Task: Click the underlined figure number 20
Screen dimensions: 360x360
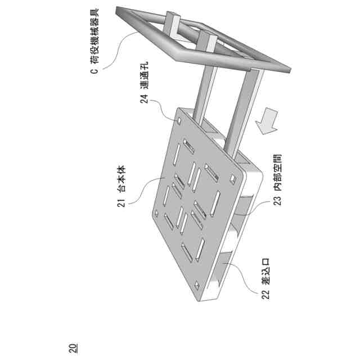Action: tap(73, 348)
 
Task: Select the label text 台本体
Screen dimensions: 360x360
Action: tap(120, 179)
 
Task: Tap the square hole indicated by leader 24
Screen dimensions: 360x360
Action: tap(179, 120)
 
